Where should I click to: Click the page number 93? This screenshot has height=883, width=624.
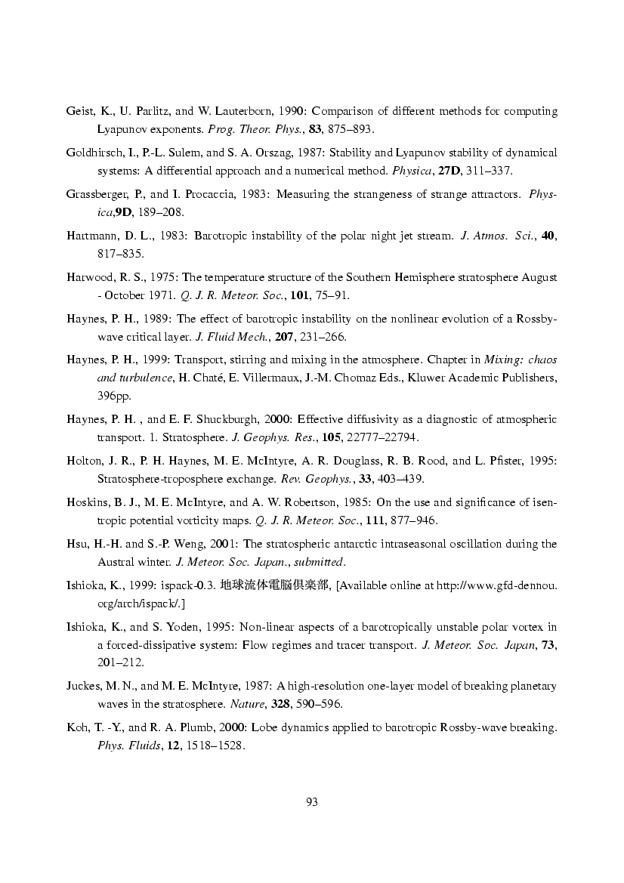click(311, 802)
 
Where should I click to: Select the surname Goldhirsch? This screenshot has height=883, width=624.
click(94, 153)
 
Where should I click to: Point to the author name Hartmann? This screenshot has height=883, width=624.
click(89, 236)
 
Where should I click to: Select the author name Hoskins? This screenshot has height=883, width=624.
click(86, 502)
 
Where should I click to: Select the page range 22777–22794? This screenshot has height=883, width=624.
click(382, 437)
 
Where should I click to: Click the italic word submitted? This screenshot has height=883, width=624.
click(323, 561)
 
